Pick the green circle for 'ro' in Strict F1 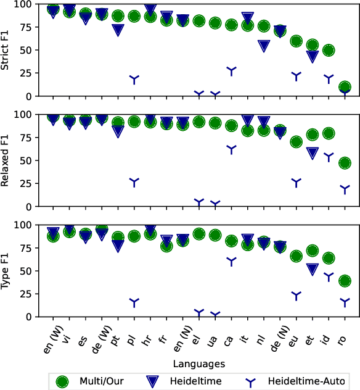[345, 88]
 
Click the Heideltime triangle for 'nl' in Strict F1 [264, 46]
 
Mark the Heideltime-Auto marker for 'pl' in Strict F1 [134, 79]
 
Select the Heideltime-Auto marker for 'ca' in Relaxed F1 [231, 149]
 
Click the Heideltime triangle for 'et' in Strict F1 [313, 56]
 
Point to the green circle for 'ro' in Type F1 [345, 281]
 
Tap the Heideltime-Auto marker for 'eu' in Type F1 [296, 296]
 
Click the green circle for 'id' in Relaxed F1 [329, 133]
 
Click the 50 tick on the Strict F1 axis [31, 50]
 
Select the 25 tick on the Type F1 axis [31, 294]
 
